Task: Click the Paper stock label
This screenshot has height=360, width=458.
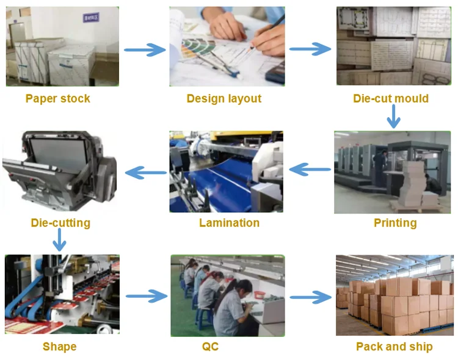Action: (x=58, y=99)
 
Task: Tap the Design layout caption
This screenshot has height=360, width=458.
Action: (x=224, y=99)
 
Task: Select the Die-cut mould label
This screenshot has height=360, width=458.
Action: (x=391, y=99)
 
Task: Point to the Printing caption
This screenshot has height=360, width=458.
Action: (x=395, y=223)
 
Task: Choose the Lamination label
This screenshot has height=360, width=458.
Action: (x=229, y=223)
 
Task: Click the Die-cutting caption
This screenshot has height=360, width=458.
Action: (x=60, y=223)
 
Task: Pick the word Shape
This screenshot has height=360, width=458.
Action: (x=59, y=347)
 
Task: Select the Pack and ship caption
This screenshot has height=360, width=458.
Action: (x=394, y=347)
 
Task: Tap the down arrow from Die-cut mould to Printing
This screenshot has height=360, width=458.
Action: (x=394, y=117)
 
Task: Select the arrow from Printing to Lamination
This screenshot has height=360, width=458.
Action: (x=310, y=170)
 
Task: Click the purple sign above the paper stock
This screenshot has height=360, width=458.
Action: (x=92, y=19)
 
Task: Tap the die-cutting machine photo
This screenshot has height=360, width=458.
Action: (x=60, y=170)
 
